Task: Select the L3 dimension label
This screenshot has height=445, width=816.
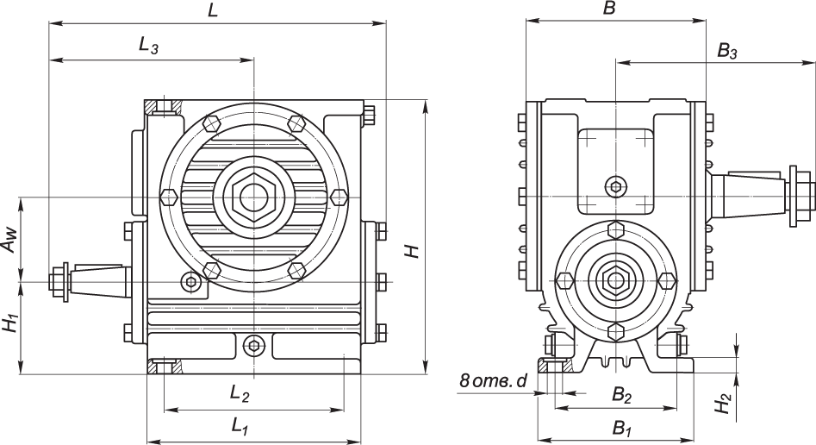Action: [148, 48]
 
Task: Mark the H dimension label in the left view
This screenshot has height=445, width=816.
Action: [414, 250]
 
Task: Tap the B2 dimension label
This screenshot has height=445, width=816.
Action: [621, 394]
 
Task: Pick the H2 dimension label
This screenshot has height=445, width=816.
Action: [726, 402]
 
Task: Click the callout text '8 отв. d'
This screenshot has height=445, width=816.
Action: [492, 379]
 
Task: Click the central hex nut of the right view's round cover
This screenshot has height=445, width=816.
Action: [615, 280]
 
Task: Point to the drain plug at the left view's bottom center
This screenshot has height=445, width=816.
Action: [252, 346]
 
